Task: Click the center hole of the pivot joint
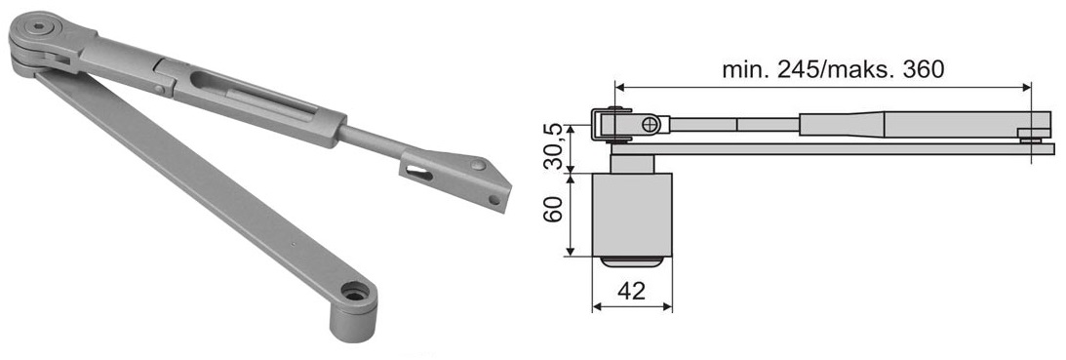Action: pos(39,28)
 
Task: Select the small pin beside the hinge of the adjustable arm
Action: pos(158,89)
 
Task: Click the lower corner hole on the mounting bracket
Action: pos(494,200)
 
